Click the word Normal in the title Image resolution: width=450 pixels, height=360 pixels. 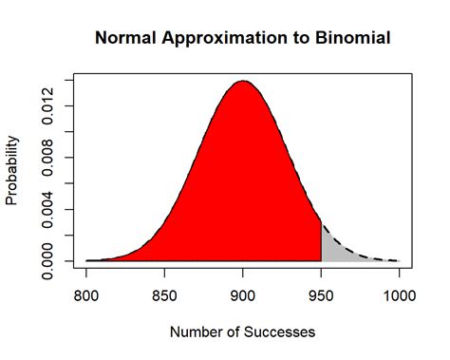coord(124,39)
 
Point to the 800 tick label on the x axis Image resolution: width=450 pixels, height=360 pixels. coord(86,294)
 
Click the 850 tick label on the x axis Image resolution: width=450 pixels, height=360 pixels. coord(164,294)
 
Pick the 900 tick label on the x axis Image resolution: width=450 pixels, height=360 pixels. coord(243,294)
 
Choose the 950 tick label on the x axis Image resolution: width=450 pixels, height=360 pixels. coord(321,294)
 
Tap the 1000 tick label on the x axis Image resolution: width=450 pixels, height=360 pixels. coord(399,294)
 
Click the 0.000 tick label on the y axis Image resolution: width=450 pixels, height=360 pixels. coord(47,260)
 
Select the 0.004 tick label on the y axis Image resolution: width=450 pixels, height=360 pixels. coord(47,208)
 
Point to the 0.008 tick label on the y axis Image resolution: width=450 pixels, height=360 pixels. coord(47,157)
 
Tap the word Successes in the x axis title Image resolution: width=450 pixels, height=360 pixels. coord(276,332)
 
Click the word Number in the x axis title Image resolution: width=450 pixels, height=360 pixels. coord(194,332)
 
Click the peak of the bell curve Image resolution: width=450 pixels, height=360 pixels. coord(243,82)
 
